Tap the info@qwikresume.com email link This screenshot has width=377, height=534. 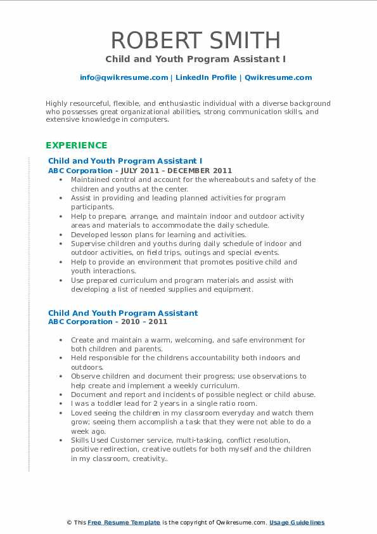(124, 77)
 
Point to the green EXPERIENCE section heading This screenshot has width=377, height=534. (76, 145)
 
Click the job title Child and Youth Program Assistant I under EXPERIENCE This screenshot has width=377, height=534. (125, 161)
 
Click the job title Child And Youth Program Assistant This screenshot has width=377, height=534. (123, 313)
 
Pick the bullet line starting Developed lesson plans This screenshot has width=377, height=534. (158, 235)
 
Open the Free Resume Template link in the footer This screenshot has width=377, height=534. (124, 523)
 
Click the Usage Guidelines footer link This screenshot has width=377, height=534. (297, 523)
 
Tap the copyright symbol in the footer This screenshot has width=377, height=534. (69, 523)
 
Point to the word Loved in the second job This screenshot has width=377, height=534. (82, 413)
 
